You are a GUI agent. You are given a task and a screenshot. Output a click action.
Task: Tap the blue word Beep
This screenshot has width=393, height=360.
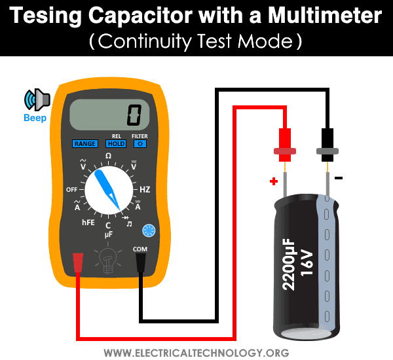tap(35, 119)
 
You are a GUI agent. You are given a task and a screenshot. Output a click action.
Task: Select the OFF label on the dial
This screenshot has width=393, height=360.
tap(72, 189)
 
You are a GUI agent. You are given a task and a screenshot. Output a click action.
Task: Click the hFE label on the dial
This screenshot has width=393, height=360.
tap(88, 223)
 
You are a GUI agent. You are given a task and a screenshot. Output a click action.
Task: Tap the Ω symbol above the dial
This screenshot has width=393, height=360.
tap(108, 155)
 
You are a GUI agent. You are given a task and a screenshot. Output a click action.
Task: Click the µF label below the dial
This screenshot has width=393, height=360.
tap(109, 234)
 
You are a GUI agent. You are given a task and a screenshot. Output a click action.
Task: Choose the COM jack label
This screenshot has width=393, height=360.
tap(140, 249)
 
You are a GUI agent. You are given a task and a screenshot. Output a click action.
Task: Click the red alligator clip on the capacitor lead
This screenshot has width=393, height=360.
tap(284, 145)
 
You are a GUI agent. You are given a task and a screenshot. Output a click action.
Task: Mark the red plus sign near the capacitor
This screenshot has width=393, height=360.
tap(274, 180)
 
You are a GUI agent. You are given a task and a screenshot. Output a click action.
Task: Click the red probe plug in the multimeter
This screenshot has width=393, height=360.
tap(78, 262)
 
